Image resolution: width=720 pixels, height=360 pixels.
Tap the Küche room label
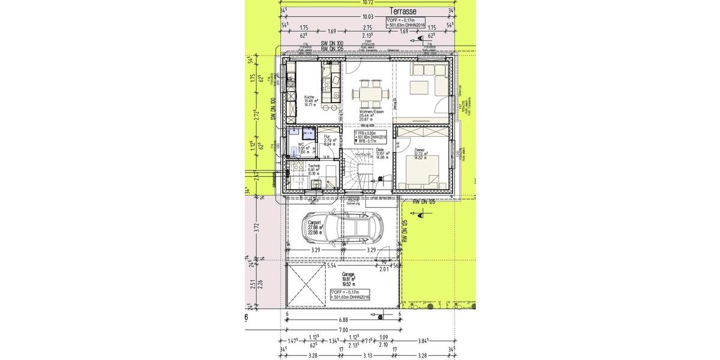[310, 97]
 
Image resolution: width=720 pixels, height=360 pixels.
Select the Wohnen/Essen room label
[371, 112]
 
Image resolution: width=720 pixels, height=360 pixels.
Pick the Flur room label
[328, 137]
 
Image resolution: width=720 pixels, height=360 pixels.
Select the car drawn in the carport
[345, 227]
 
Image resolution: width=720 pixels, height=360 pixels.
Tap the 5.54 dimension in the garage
[331, 265]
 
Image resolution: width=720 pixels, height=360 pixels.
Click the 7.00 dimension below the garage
[343, 331]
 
